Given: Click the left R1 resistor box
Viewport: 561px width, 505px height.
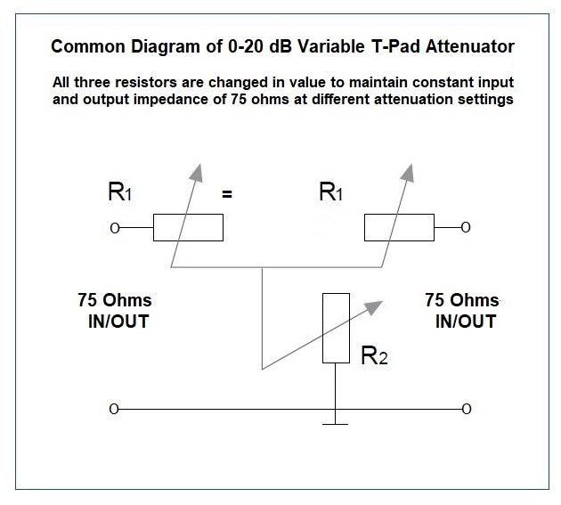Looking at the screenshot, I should [188, 228].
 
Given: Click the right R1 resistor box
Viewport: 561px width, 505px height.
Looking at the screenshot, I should [398, 228].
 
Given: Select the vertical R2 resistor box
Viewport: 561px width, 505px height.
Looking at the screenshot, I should [335, 328].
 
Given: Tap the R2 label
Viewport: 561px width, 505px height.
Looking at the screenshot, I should [374, 358].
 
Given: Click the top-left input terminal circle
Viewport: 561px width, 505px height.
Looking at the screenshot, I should [114, 229].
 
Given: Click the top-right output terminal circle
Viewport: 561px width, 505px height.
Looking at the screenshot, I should [466, 229].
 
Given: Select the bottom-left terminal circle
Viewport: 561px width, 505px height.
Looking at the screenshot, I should [114, 410].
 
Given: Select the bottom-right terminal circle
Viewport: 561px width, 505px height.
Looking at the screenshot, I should [466, 410].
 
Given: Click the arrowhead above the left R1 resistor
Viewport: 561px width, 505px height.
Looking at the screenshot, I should [198, 171].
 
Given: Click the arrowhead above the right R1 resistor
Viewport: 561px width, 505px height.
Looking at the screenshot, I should [409, 171].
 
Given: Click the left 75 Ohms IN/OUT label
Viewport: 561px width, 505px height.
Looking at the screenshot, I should [114, 311].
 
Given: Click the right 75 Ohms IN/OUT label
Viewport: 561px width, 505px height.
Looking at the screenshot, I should [464, 311].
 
